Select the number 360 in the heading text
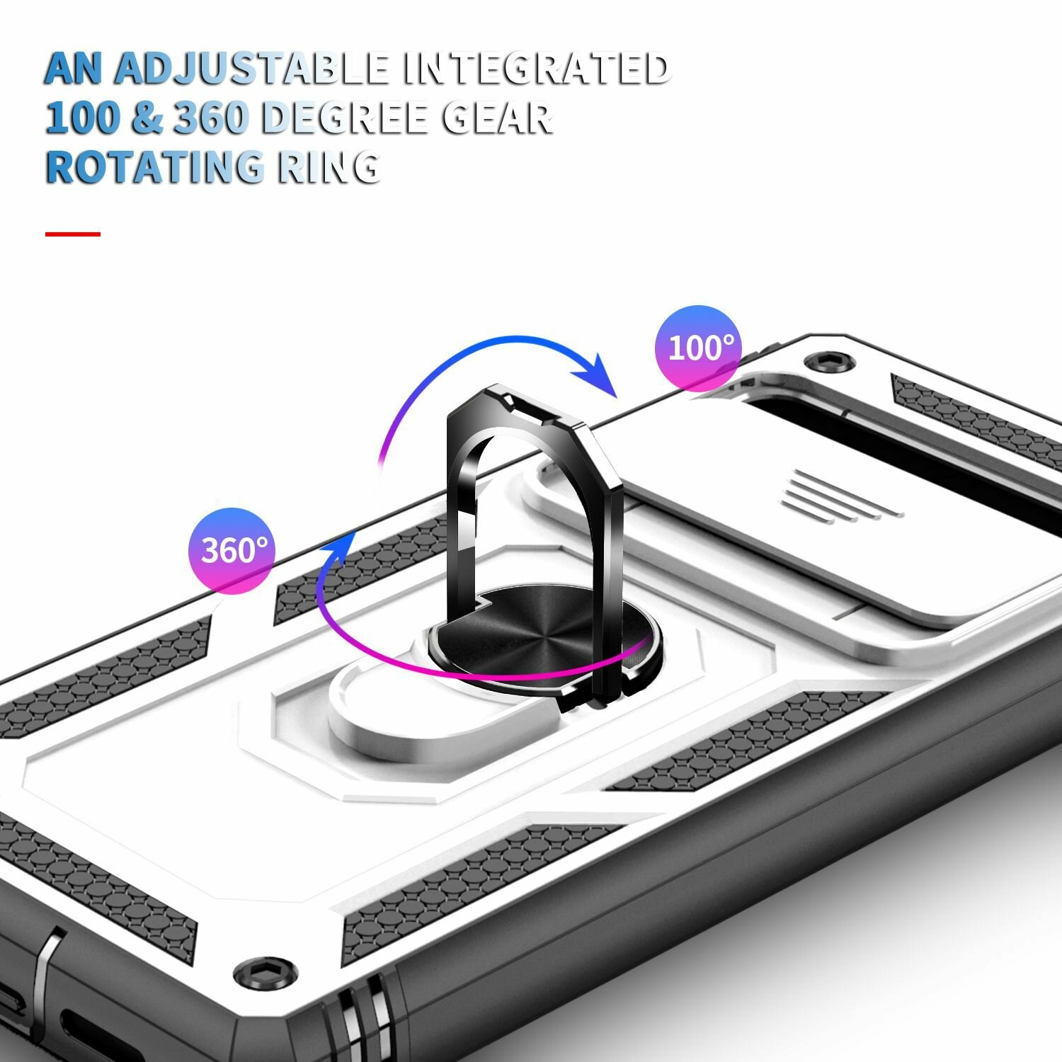point(210,118)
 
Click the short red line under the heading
point(73,234)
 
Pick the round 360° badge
point(232,549)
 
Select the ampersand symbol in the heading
point(147,118)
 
